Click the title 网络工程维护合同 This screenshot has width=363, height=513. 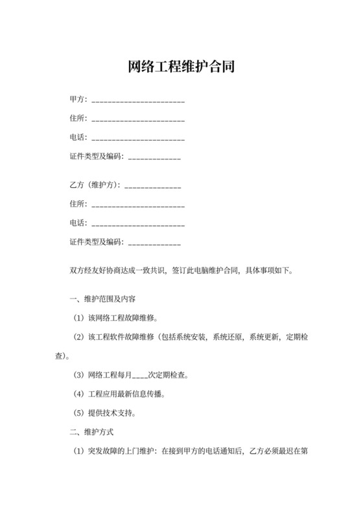[x=181, y=67]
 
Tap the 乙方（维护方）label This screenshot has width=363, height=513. [x=95, y=185]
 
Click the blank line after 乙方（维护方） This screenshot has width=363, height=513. [x=152, y=187]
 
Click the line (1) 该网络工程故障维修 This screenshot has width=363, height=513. [x=117, y=318]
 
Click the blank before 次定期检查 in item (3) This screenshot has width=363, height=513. [x=140, y=376]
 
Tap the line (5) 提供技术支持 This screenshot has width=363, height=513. [x=109, y=412]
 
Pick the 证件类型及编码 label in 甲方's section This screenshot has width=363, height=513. [x=95, y=157]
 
